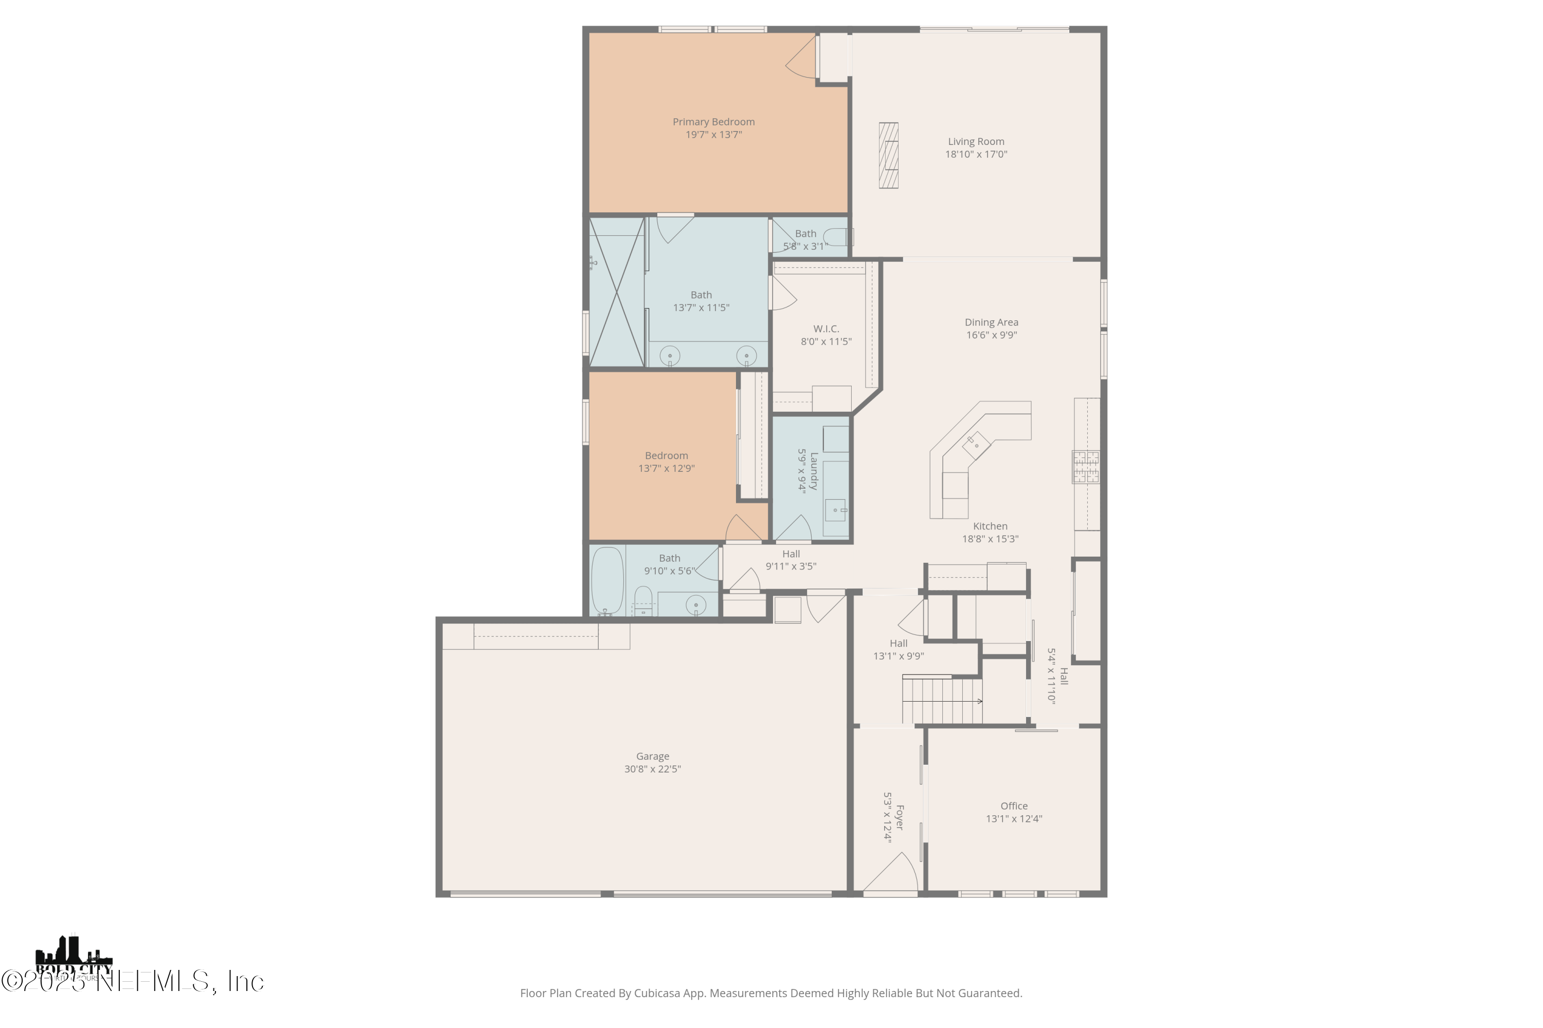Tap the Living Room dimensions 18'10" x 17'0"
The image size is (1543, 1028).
(x=976, y=155)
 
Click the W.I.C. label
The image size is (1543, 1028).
(x=826, y=328)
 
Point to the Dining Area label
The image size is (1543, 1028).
(x=991, y=322)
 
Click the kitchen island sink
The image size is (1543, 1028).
(x=976, y=445)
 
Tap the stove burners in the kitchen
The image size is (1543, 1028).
(x=1085, y=466)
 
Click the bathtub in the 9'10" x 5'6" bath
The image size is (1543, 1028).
(x=607, y=581)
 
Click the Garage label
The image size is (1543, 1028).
(x=652, y=756)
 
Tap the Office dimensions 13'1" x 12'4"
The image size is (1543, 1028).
(x=1014, y=819)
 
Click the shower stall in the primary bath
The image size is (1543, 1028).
(x=617, y=292)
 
